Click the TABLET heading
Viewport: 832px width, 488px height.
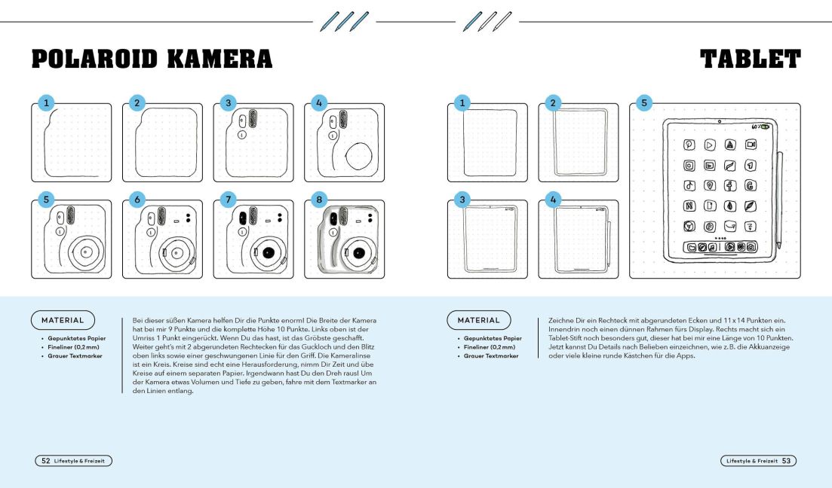(x=750, y=59)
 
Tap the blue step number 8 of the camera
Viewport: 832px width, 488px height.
(x=319, y=200)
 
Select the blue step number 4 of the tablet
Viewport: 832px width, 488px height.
(x=554, y=200)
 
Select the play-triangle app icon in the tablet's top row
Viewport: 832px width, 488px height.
(x=710, y=145)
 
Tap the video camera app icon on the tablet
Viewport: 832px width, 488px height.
(x=751, y=145)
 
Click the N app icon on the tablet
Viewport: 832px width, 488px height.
(x=689, y=206)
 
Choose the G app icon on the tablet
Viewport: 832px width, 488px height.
(x=751, y=185)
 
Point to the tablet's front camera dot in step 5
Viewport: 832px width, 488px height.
(x=720, y=121)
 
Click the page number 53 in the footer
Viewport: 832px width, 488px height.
(x=786, y=460)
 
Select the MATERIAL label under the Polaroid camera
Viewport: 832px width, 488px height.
(x=63, y=319)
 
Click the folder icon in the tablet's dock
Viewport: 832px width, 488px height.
(x=689, y=247)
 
